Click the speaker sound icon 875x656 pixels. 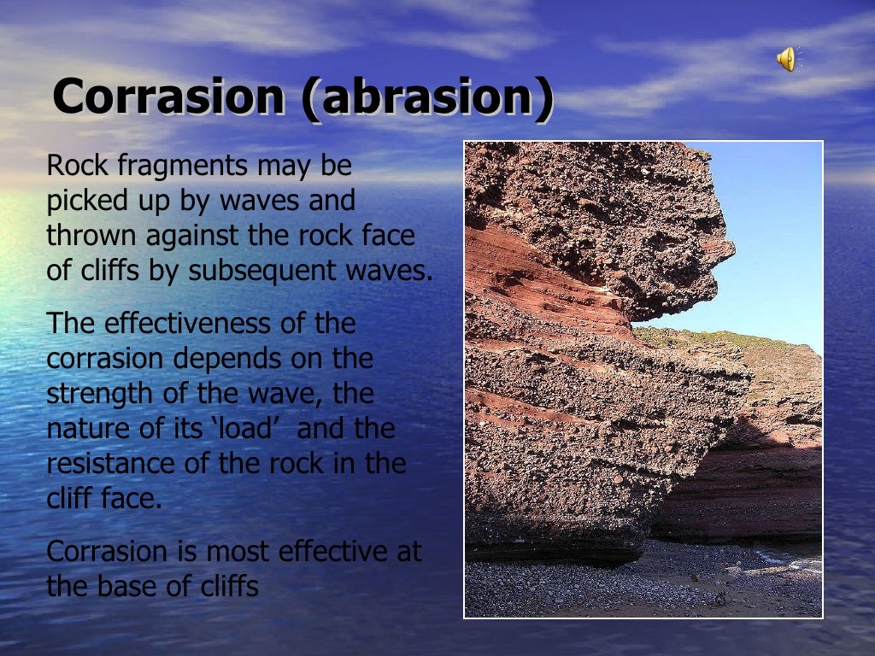pos(785,59)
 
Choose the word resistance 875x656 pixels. pos(109,464)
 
